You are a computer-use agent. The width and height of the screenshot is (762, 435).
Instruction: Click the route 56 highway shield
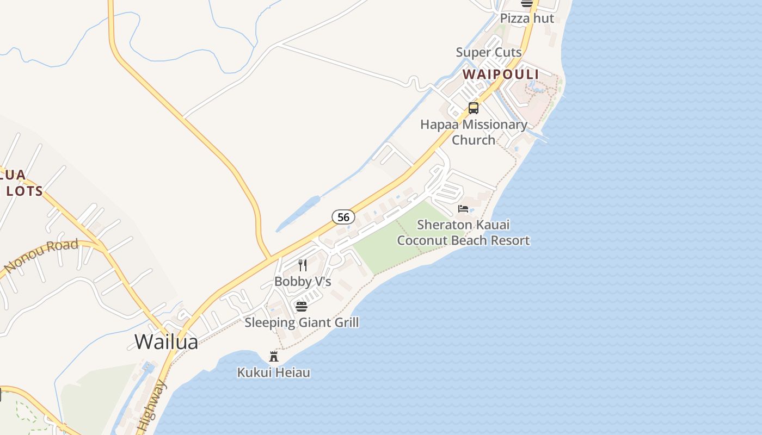coord(343,217)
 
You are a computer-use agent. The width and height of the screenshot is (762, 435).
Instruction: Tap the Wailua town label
coord(166,342)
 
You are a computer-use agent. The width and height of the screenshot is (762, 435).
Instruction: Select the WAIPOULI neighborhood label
coord(501,74)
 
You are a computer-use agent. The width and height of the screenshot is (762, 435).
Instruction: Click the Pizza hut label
coord(527,18)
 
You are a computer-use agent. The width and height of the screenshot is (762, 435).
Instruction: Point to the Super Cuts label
coord(489,53)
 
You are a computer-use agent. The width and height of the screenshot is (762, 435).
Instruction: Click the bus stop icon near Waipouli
coord(474,108)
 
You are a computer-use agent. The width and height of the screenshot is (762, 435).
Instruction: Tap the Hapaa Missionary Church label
coord(474,132)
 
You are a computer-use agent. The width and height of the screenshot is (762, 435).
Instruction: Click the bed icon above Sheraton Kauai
coord(463,209)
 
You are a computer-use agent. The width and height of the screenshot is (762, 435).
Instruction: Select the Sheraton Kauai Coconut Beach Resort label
coord(463,232)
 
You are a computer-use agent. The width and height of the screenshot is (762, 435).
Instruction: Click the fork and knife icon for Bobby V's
coord(303,265)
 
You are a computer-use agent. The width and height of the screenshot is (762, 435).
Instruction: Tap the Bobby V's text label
coord(303,282)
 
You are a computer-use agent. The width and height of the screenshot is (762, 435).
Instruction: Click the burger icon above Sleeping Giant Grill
coord(302,307)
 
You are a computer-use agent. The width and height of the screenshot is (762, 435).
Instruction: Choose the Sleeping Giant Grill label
coord(302,322)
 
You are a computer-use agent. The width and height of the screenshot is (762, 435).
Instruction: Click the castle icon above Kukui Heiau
coord(274,357)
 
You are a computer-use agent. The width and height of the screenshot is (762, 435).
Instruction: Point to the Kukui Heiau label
coord(274,372)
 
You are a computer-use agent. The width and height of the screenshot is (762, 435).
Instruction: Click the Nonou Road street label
coord(41,255)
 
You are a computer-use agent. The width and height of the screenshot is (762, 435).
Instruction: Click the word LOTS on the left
coord(24,191)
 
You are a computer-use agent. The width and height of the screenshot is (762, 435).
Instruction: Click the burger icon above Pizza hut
coord(527,3)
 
